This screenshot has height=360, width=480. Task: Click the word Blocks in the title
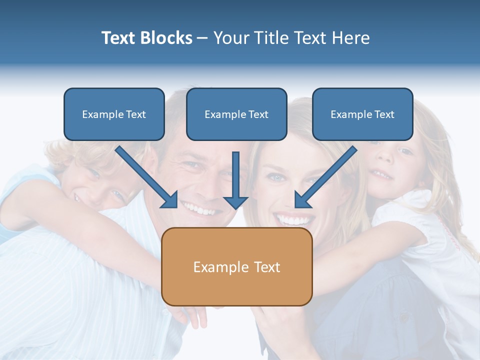[164, 38]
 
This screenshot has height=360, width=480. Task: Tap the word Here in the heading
[352, 38]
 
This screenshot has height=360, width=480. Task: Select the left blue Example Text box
[114, 114]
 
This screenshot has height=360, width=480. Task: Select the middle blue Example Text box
[236, 114]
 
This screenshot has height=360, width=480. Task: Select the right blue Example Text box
[362, 114]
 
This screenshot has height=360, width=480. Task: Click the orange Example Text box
[236, 266]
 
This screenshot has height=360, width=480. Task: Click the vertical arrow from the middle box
[235, 180]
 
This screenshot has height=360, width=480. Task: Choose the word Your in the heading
[229, 38]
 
